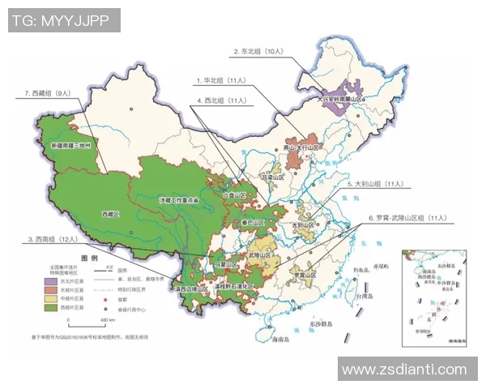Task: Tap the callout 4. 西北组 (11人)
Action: pyautogui.click(x=222, y=100)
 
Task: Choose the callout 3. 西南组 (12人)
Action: pyautogui.click(x=53, y=239)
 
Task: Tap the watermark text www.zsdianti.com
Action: pyautogui.click(x=404, y=370)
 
